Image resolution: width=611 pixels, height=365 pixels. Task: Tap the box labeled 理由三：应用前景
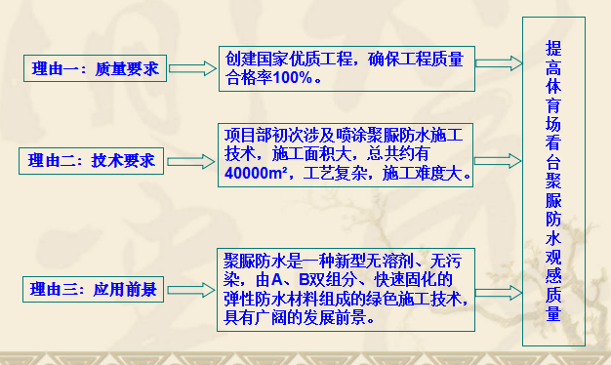[94, 289]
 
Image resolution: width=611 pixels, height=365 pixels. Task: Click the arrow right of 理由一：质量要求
[195, 67]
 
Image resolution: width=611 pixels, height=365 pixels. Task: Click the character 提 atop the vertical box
[552, 46]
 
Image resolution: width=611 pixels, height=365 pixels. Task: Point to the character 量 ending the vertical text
[552, 314]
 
